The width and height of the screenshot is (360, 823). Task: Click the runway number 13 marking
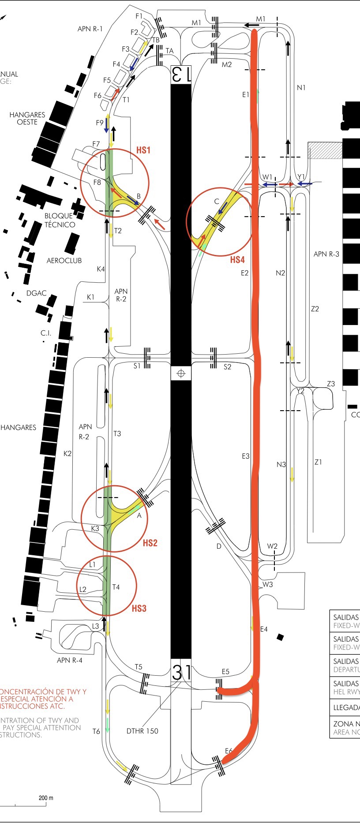click(x=181, y=74)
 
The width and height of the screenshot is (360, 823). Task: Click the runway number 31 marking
click(x=181, y=673)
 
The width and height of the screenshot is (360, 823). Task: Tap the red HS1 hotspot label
click(x=143, y=150)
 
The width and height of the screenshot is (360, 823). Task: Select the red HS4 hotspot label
click(x=237, y=260)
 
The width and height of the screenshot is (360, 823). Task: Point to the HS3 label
click(x=139, y=609)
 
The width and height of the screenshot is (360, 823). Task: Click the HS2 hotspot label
click(x=150, y=543)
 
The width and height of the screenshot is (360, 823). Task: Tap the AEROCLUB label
click(x=64, y=261)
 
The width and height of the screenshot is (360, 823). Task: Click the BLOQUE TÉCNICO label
click(x=60, y=220)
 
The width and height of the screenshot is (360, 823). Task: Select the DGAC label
click(x=36, y=293)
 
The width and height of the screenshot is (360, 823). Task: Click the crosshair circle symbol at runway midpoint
click(x=180, y=374)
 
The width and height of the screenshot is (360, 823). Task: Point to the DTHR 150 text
click(x=142, y=731)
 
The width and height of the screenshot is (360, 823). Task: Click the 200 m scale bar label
click(x=46, y=797)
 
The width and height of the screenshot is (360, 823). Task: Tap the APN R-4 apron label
click(x=69, y=660)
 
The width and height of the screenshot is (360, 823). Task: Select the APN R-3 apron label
click(x=326, y=254)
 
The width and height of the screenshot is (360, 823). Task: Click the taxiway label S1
click(x=137, y=366)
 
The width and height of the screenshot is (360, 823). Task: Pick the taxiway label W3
click(x=268, y=584)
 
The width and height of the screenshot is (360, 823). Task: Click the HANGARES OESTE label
click(x=27, y=118)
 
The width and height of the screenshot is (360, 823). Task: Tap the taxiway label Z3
click(x=331, y=384)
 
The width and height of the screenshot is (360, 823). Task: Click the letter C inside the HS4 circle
click(x=217, y=202)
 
